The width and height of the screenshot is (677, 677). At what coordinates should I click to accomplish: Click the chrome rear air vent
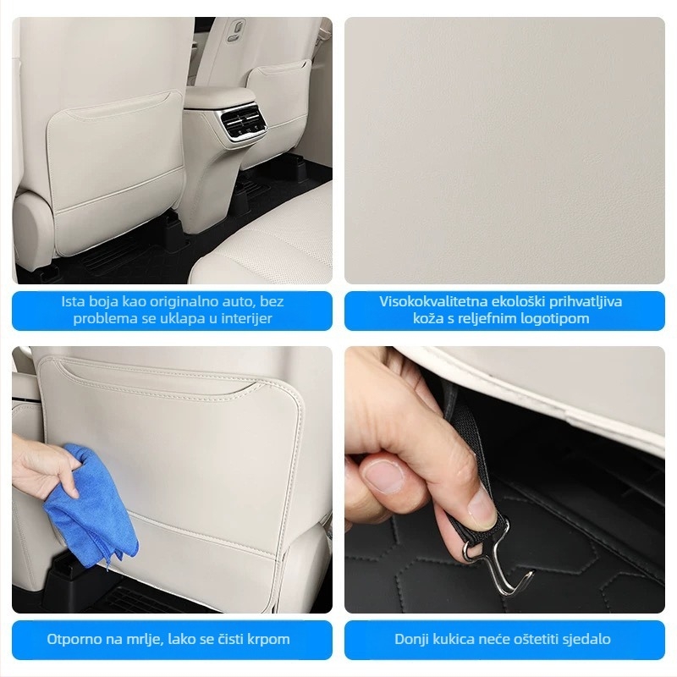[242, 122]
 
